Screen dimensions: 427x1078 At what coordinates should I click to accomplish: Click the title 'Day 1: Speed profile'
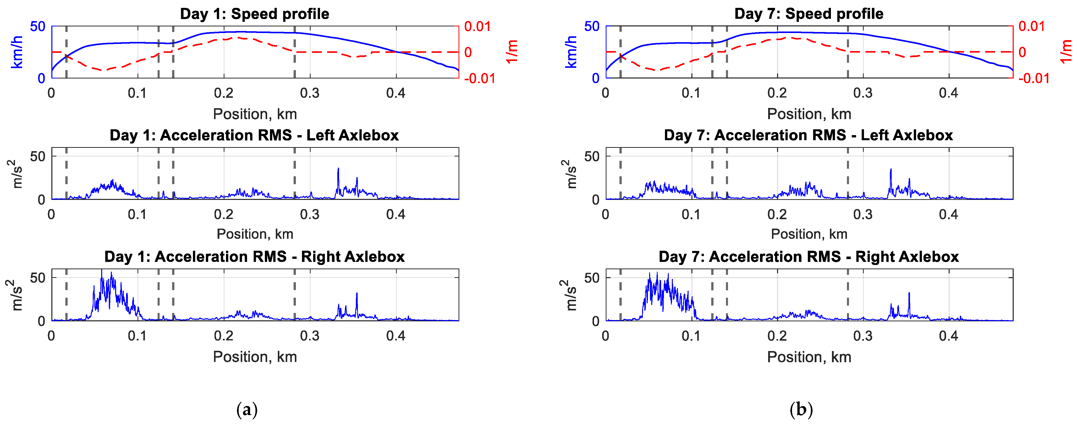coord(254,14)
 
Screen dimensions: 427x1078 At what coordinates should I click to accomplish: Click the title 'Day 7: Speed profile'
coord(809,14)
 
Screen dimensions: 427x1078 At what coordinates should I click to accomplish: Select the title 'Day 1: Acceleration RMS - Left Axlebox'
coord(254,135)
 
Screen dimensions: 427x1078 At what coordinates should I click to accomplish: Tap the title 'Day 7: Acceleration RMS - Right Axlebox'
coord(809,256)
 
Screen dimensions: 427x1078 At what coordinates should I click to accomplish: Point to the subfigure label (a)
coord(247,409)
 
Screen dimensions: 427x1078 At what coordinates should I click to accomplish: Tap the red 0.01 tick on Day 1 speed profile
coord(477,26)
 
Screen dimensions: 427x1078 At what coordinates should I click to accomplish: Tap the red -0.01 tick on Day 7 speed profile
coord(1034,78)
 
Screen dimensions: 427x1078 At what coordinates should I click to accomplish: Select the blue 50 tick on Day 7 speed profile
coord(592,26)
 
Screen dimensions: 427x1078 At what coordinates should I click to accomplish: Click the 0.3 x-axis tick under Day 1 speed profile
coord(310,93)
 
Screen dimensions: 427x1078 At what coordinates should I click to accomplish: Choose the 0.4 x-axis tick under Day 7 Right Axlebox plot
coord(948,336)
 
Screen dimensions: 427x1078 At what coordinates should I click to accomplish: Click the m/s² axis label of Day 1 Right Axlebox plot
coord(16,295)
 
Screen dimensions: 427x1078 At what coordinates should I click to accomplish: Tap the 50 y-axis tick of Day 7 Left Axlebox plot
coord(592,156)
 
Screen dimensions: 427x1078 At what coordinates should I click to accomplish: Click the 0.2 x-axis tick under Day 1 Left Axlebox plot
coord(223,215)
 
